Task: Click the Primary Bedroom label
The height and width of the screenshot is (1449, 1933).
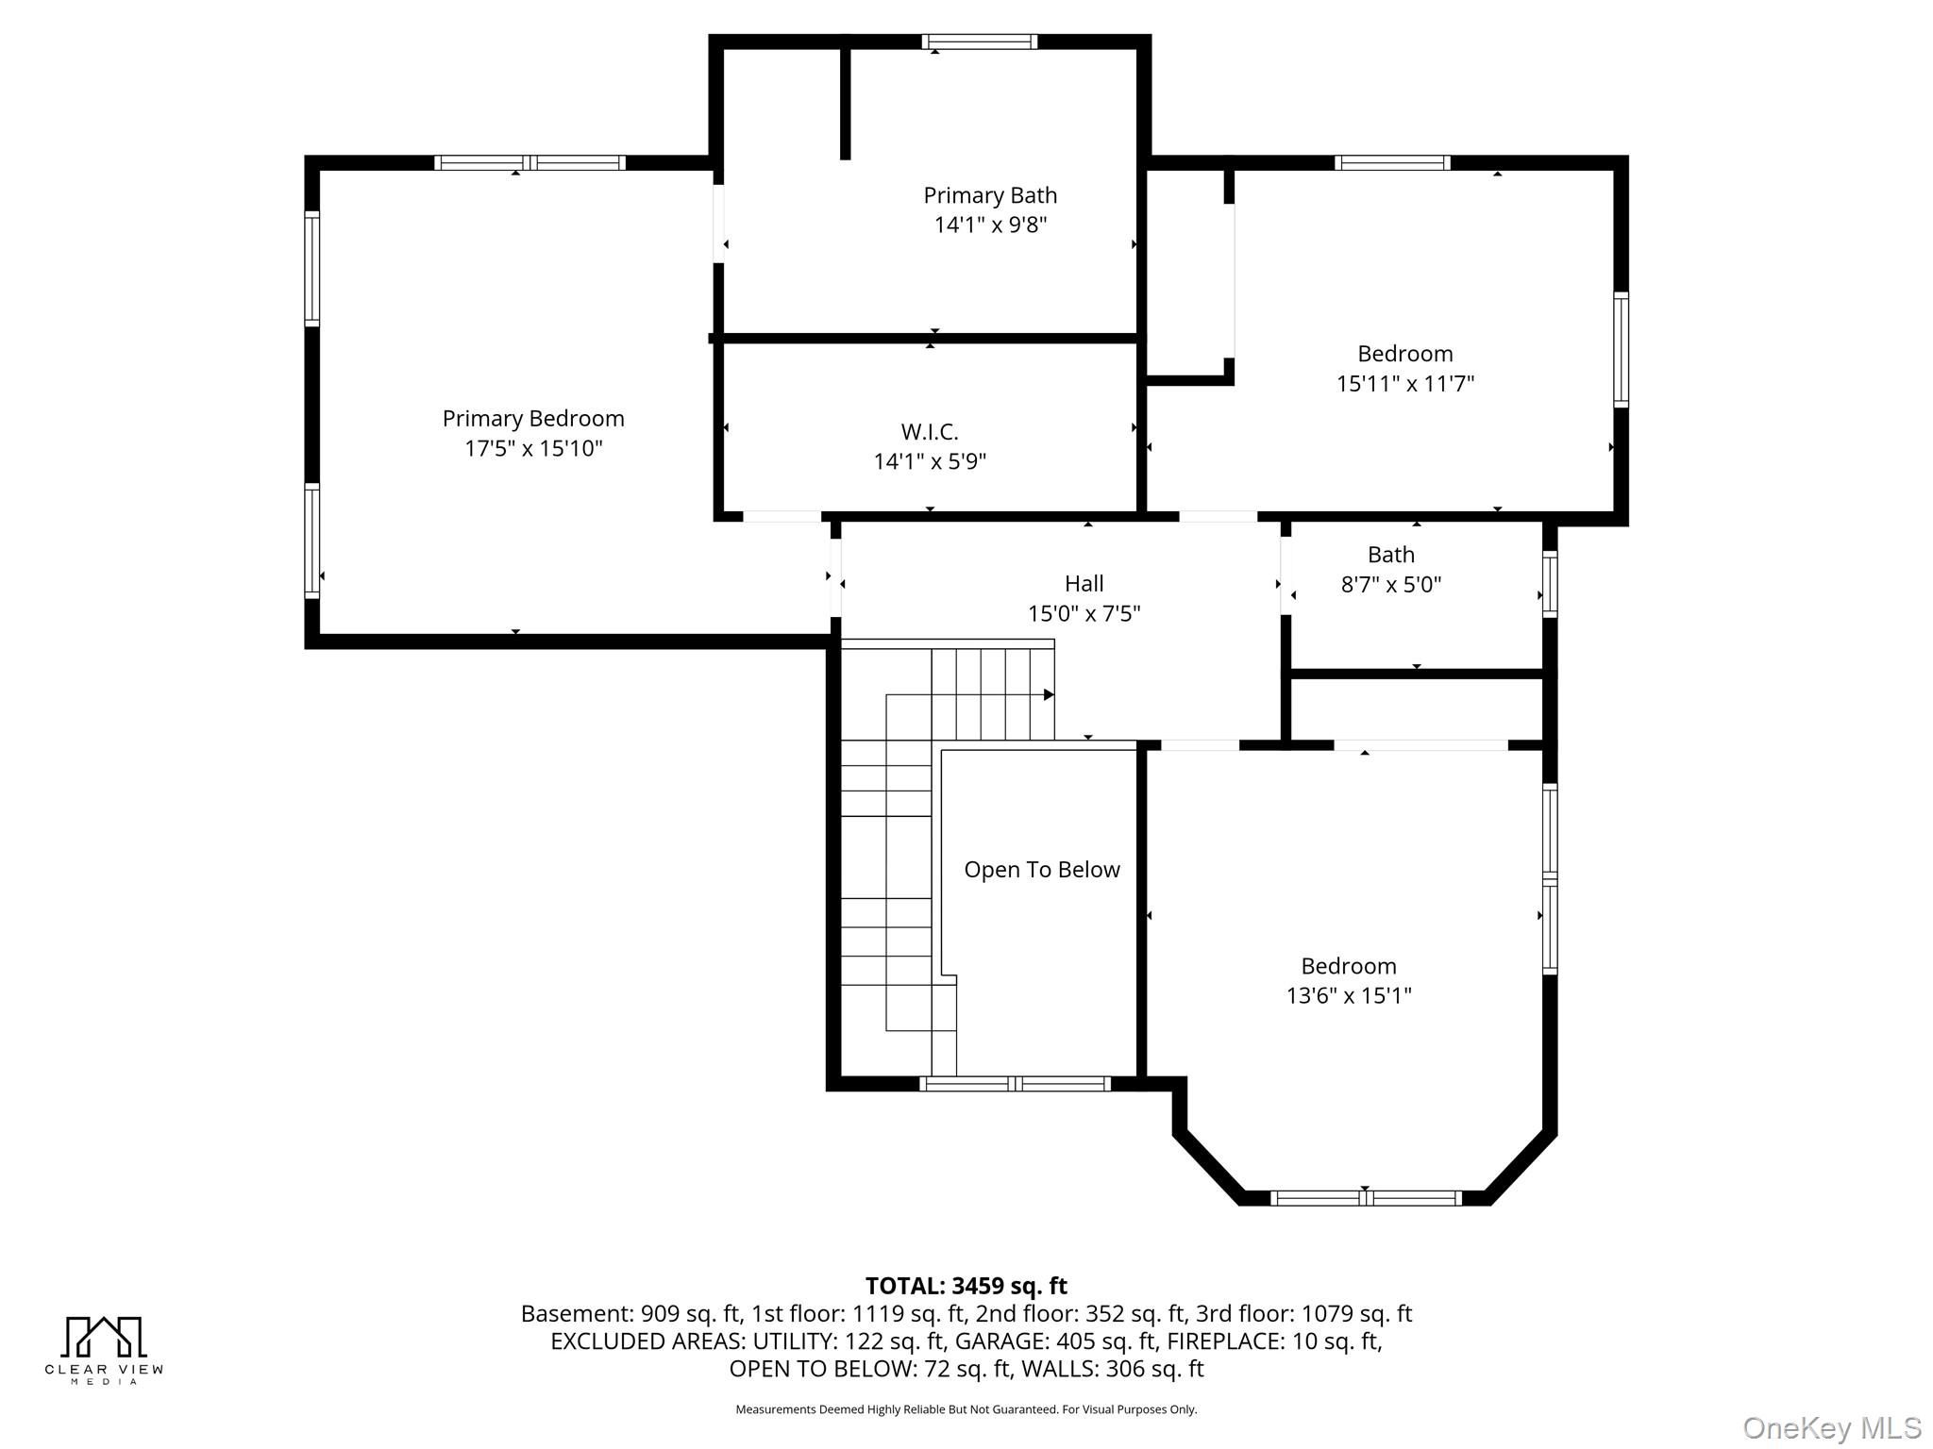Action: pyautogui.click(x=533, y=418)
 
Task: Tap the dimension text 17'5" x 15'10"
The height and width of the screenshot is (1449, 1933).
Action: pyautogui.click(x=533, y=448)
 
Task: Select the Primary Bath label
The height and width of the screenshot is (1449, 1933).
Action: pyautogui.click(x=990, y=195)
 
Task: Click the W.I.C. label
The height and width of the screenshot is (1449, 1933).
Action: pyautogui.click(x=930, y=432)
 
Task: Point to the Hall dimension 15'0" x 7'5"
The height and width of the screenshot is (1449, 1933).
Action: pyautogui.click(x=1084, y=614)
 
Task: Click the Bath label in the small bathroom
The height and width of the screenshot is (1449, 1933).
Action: pyautogui.click(x=1390, y=555)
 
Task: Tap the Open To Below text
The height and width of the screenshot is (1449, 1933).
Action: pyautogui.click(x=1041, y=870)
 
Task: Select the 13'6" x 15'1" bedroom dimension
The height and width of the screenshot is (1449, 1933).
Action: pyautogui.click(x=1348, y=996)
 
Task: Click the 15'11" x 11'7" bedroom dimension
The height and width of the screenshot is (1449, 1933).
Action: pyautogui.click(x=1404, y=384)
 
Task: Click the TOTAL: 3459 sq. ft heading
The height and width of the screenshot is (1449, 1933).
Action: pyautogui.click(x=966, y=1286)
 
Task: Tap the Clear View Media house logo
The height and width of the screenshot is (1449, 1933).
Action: pyautogui.click(x=104, y=1338)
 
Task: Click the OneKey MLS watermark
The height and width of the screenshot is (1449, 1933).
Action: pyautogui.click(x=1831, y=1428)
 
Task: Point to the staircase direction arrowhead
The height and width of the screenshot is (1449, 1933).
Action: pyautogui.click(x=1049, y=695)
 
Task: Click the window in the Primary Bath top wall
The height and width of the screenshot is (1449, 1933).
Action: pyautogui.click(x=979, y=42)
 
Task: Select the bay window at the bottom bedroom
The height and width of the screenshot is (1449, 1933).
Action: pyautogui.click(x=1365, y=1198)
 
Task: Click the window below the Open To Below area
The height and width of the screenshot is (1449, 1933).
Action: pyautogui.click(x=1015, y=1084)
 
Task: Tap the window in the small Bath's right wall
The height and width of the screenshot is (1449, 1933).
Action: pyautogui.click(x=1549, y=584)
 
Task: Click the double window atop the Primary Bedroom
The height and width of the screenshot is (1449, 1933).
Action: pyautogui.click(x=529, y=162)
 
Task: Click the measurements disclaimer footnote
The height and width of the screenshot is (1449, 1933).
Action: pyautogui.click(x=966, y=1409)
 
